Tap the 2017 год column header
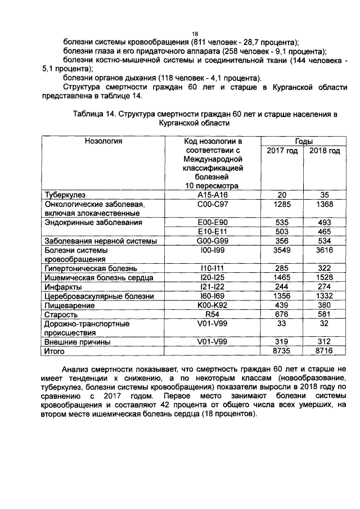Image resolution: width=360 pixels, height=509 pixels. [x=282, y=151]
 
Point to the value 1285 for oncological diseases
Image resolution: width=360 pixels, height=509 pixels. [x=282, y=204]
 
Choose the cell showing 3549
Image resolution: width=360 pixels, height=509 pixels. [x=282, y=250]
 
